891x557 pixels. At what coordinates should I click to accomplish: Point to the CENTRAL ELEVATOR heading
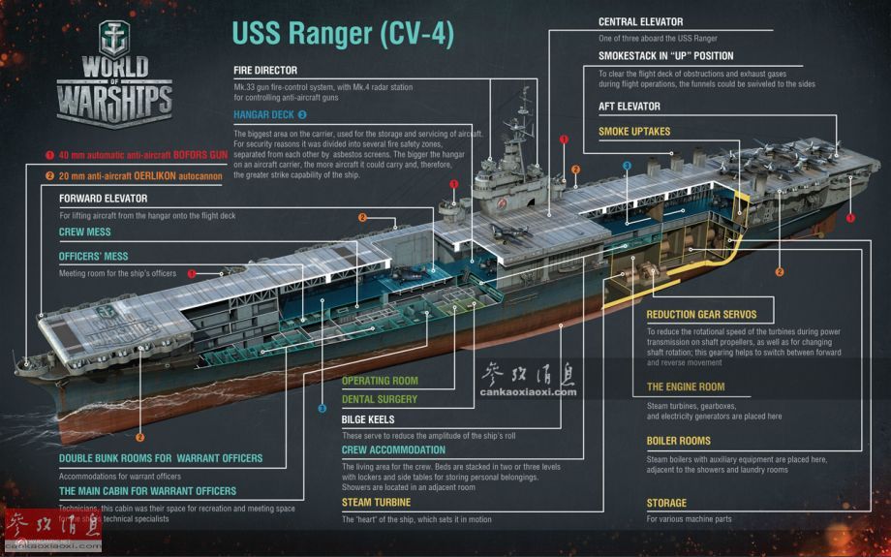[640, 21]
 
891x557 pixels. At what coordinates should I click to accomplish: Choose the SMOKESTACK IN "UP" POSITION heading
[665, 56]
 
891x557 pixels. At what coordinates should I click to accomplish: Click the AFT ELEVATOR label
[630, 107]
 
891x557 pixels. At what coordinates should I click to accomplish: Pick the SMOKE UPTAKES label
[634, 132]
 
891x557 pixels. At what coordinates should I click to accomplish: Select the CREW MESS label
[85, 232]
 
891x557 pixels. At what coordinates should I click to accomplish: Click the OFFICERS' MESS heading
[93, 257]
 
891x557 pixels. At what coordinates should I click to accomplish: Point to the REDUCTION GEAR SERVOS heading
[701, 315]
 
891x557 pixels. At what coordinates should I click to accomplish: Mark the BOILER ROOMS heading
[679, 441]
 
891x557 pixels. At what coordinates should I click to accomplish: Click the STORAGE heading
[666, 503]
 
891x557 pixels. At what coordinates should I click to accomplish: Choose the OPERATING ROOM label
[380, 381]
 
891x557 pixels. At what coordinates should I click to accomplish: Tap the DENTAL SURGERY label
[380, 399]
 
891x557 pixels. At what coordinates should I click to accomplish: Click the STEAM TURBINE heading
[376, 503]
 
